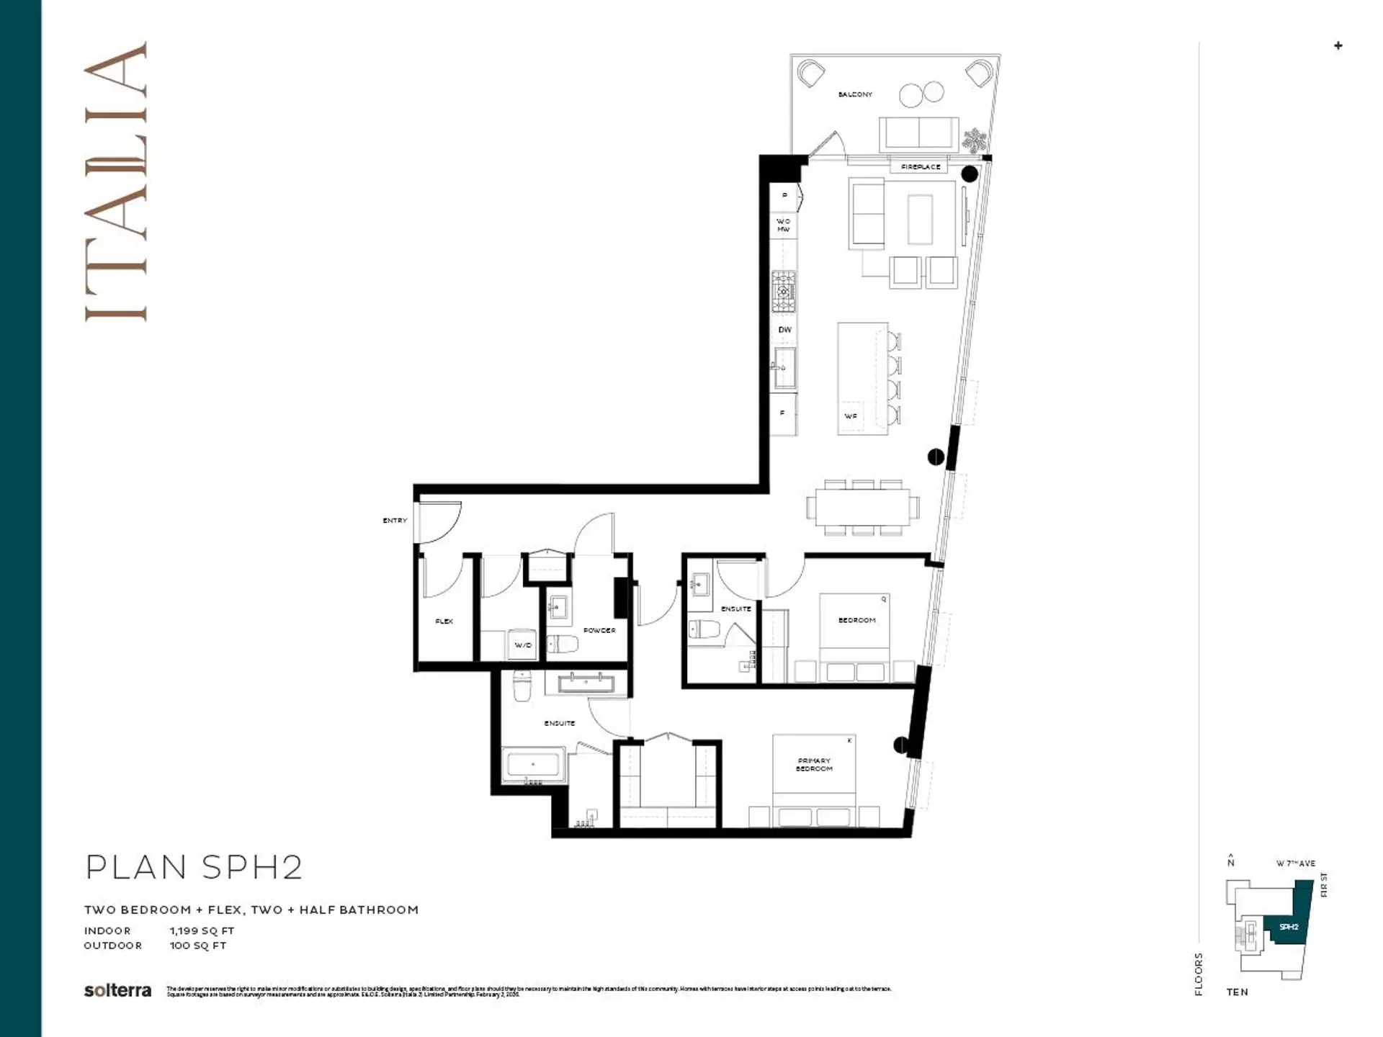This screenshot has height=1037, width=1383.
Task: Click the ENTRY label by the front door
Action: (395, 520)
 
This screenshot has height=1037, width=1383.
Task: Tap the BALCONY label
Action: (855, 94)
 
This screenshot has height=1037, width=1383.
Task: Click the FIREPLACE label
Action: (921, 167)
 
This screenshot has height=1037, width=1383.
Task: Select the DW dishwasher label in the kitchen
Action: (784, 330)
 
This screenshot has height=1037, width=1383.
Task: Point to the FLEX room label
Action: (444, 621)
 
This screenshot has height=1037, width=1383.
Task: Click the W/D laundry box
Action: (523, 645)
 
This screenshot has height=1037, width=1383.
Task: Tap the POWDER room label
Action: (599, 630)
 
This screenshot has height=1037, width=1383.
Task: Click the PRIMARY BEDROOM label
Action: (814, 765)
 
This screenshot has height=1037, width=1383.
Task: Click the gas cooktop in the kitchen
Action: (784, 291)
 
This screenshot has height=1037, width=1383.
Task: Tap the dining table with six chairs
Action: (862, 508)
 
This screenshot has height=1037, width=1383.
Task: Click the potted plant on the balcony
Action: (974, 140)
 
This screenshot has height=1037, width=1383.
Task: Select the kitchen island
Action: (861, 379)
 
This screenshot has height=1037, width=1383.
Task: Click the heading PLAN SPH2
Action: (194, 868)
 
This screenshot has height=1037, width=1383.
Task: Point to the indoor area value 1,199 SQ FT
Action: (202, 930)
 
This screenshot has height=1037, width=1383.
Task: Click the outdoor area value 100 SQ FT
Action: (198, 946)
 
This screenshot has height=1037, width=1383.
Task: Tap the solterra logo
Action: (117, 991)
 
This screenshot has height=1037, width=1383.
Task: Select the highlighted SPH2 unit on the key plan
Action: (1289, 927)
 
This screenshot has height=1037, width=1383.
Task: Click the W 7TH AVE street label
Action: (1295, 863)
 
